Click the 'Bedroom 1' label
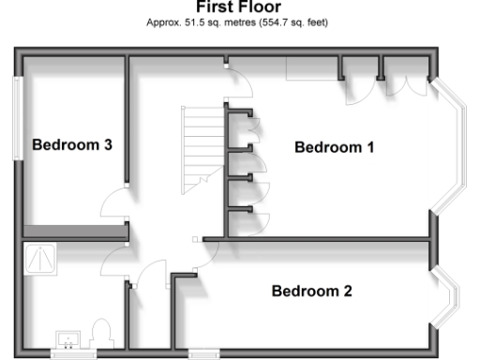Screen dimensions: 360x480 tap(335, 147)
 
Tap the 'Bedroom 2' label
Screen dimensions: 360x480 tap(311, 291)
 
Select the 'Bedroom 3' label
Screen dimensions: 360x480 tap(72, 145)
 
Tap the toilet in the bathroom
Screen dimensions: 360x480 tap(102, 333)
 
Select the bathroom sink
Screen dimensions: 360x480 tap(68, 338)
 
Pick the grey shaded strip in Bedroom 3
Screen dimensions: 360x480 tap(73, 231)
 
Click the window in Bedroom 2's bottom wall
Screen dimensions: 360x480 tap(202, 354)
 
